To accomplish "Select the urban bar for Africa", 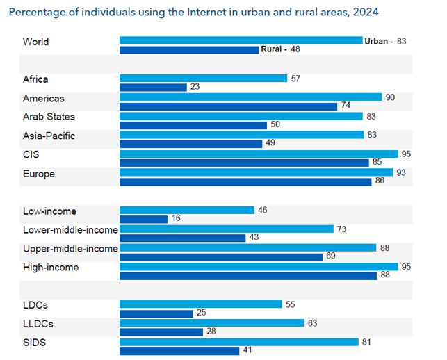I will pyautogui.click(x=203, y=79).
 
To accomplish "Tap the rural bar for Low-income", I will pyautogui.click(x=143, y=219).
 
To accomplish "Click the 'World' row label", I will pyautogui.click(x=35, y=42).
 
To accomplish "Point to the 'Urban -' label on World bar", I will pyautogui.click(x=378, y=42).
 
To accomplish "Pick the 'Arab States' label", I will pyautogui.click(x=49, y=117).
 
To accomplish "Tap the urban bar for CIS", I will pyautogui.click(x=259, y=154).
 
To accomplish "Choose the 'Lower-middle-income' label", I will pyautogui.click(x=70, y=229).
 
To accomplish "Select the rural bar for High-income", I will pyautogui.click(x=247, y=275).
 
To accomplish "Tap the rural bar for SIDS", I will pyautogui.click(x=179, y=350).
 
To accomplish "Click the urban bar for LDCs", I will pyautogui.click(x=200, y=304).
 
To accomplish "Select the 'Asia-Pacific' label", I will pyautogui.click(x=49, y=136).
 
